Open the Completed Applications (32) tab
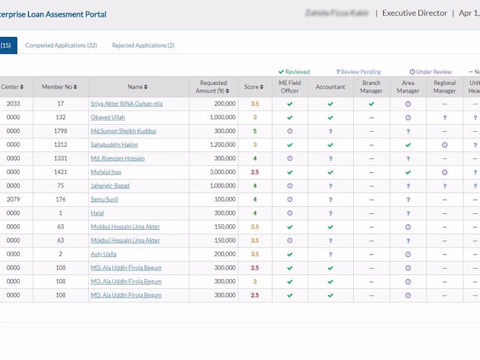pos(61,45)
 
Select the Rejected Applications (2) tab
pos(143,45)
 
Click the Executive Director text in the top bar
pos(414,13)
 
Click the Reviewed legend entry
pos(294,72)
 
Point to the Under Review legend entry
pos(431,72)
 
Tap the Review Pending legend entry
pos(359,72)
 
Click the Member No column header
pos(60,87)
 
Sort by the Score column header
pos(254,87)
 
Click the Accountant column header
pos(331,87)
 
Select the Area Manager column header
pos(407,87)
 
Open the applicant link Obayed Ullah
pos(108,117)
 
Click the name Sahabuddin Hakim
pos(114,145)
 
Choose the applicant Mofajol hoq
pos(106,172)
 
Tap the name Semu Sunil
pos(104,200)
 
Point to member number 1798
pos(60,131)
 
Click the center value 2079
pos(13,200)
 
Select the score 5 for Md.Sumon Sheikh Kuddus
pos(254,131)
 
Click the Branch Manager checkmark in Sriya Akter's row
pos(371,104)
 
